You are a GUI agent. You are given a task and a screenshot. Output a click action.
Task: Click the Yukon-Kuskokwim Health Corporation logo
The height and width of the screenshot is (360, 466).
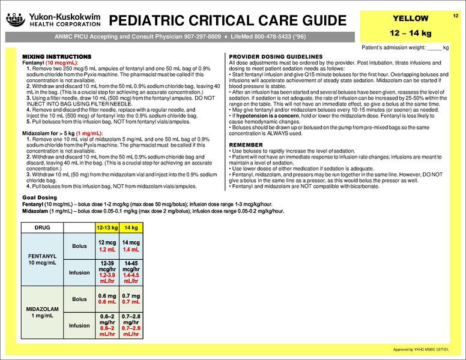(x=53, y=20)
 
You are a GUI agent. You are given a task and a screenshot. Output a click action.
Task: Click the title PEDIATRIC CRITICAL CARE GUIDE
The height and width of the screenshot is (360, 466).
(x=228, y=20)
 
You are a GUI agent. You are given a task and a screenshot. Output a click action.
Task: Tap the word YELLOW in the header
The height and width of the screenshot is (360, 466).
(x=410, y=18)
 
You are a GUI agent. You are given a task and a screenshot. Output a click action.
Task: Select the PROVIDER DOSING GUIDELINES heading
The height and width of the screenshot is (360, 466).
(x=276, y=56)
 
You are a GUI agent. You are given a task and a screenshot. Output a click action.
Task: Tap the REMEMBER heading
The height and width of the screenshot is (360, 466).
(x=246, y=145)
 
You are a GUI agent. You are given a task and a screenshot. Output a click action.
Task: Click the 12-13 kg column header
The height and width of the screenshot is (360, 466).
(x=107, y=228)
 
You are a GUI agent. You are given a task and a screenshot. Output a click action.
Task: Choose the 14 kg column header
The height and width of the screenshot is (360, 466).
(x=130, y=228)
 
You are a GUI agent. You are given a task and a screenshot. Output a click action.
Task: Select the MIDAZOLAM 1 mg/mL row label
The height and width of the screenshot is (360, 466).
(x=40, y=312)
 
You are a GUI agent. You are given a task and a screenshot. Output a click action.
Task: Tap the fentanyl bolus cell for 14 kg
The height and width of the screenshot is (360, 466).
(x=130, y=245)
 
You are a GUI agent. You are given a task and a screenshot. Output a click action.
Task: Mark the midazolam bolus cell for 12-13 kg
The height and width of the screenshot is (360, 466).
(x=107, y=298)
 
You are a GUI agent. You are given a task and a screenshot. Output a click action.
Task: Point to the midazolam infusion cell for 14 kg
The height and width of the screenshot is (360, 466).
(x=130, y=325)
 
